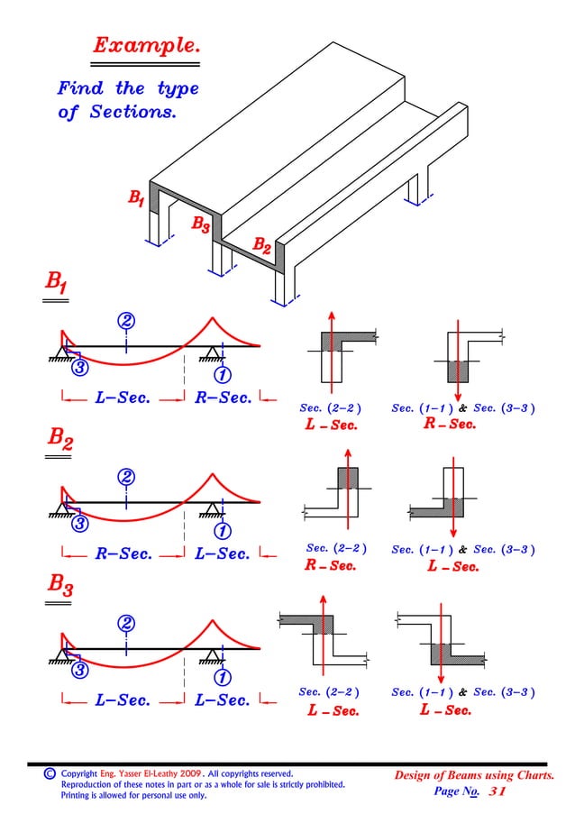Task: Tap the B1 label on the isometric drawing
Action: click(x=134, y=197)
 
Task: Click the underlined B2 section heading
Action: click(x=62, y=441)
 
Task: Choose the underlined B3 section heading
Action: click(x=62, y=590)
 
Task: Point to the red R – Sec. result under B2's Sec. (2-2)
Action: click(x=331, y=567)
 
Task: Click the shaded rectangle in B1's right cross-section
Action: click(x=459, y=371)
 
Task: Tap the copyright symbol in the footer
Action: click(x=50, y=773)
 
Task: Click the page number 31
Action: click(x=497, y=791)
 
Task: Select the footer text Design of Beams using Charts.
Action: click(x=474, y=774)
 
